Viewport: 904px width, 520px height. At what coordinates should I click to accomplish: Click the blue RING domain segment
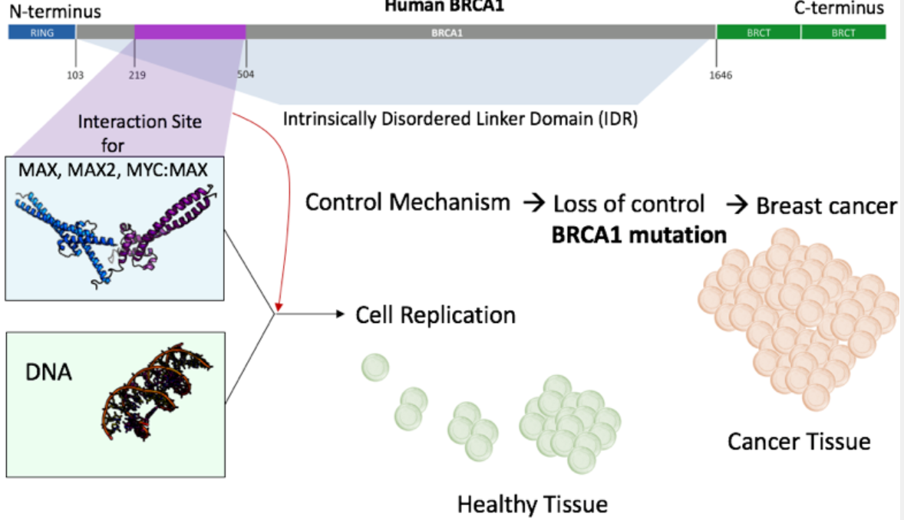tap(41, 32)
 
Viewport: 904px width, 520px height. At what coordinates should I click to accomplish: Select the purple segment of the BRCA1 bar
tap(190, 32)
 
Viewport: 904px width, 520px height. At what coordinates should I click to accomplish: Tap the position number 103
tap(75, 75)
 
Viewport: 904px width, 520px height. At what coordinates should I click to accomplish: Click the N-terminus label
tap(54, 11)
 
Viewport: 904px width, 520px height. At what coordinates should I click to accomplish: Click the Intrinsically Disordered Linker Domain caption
tap(460, 120)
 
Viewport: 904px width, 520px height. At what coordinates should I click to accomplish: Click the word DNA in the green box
tap(51, 373)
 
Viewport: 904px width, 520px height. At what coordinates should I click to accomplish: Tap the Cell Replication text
tap(435, 314)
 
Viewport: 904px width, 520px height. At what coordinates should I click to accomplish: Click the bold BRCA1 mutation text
tap(638, 234)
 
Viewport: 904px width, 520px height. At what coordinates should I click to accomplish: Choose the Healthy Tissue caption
tap(532, 504)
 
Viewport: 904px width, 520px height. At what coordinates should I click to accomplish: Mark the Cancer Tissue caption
tap(799, 442)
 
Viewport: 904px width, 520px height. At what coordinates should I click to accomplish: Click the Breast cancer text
tap(826, 206)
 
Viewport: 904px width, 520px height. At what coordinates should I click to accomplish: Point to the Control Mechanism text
tap(407, 202)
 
